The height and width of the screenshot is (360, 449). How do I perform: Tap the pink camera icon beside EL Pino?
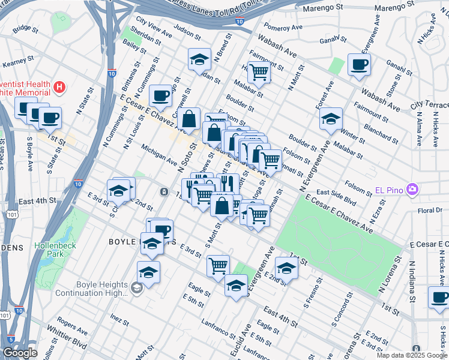[x=412, y=190]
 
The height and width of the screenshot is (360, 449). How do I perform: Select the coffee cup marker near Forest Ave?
[x=359, y=64]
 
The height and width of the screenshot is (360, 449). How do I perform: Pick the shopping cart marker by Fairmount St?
[x=259, y=72]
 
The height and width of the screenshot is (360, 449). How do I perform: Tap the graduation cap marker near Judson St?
[x=199, y=59]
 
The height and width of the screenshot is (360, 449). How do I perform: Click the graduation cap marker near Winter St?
[x=330, y=119]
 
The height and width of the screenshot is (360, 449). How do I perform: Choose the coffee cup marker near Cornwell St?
[x=160, y=95]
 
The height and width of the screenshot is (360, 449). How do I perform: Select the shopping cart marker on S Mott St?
[x=218, y=264]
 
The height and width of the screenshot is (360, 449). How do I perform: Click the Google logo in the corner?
[x=20, y=353]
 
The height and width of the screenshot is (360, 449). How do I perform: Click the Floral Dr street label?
[x=430, y=211]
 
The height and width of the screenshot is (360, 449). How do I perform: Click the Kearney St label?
[x=16, y=63]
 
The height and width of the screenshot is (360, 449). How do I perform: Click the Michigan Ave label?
[x=159, y=155]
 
